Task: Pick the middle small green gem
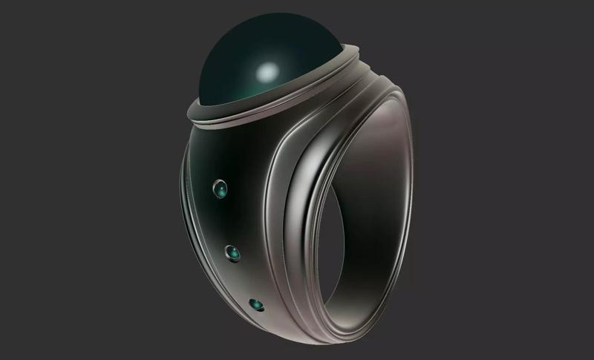(x=234, y=252)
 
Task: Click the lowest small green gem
(x=257, y=304)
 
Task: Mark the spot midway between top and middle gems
(x=226, y=221)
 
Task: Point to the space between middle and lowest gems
(x=245, y=278)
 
